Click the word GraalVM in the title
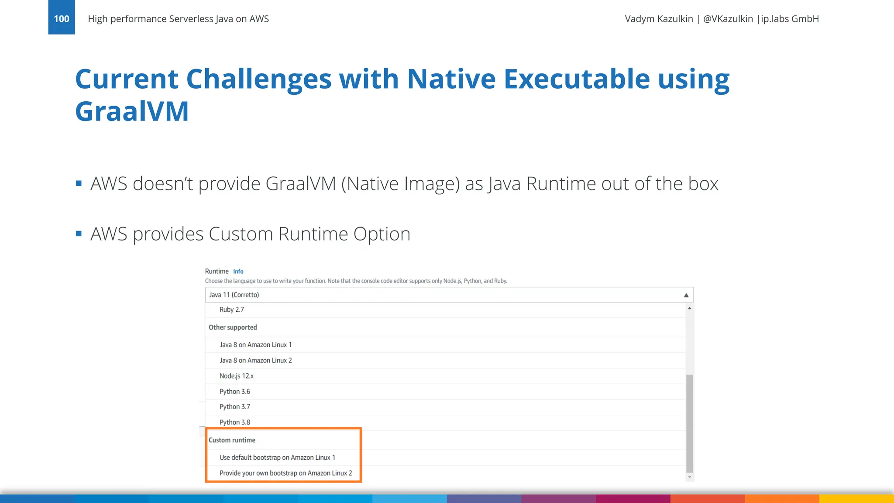point(132,111)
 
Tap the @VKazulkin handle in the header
point(728,19)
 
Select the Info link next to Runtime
point(238,272)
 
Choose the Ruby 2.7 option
point(232,310)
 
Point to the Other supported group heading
point(233,327)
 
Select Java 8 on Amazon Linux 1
point(255,345)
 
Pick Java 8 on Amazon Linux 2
point(255,361)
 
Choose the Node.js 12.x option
point(236,376)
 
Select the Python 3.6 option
point(235,392)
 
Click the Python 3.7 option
point(235,407)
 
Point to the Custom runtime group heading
point(232,440)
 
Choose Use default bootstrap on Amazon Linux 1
point(277,458)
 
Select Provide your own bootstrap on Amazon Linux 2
point(285,473)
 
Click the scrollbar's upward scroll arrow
point(690,308)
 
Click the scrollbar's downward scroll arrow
point(690,477)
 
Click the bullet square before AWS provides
point(79,234)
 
